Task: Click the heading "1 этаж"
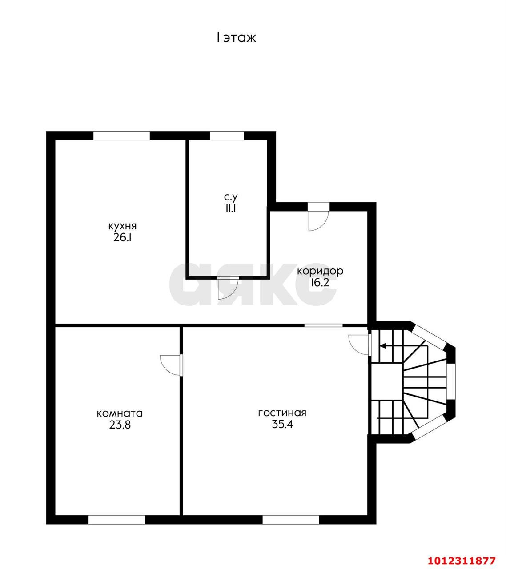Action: tap(236, 38)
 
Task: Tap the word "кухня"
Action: tap(122, 226)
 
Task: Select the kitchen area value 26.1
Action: tap(122, 238)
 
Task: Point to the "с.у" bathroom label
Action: tap(231, 197)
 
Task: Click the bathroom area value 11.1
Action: tap(230, 208)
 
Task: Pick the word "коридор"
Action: tap(320, 271)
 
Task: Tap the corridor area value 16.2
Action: tap(320, 282)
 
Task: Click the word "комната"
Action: tap(120, 413)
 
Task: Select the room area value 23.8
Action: tap(120, 425)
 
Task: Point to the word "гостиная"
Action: tap(282, 413)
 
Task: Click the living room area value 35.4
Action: tap(282, 425)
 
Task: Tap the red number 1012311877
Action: tap(462, 553)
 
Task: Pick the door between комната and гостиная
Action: tap(171, 365)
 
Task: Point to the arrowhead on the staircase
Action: tap(383, 346)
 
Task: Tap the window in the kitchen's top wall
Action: tap(121, 136)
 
